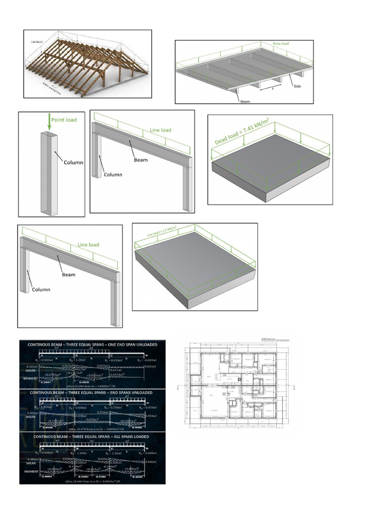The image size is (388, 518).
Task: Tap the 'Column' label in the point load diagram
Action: point(73,162)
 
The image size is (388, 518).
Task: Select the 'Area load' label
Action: point(281,44)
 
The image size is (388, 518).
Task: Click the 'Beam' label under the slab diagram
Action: point(245,101)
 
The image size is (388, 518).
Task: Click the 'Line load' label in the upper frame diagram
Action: point(160,130)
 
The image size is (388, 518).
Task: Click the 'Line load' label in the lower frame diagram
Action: point(88,245)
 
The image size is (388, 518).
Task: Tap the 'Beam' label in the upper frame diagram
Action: point(141,159)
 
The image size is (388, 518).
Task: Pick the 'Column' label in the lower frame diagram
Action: point(41,290)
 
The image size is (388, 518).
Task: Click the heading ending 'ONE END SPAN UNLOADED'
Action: point(92,344)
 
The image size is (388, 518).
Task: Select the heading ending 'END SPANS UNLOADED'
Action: point(92,392)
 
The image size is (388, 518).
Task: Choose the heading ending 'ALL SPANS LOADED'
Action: point(92,436)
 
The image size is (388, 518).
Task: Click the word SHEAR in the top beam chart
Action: point(31,369)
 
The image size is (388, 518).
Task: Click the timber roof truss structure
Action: point(86,66)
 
